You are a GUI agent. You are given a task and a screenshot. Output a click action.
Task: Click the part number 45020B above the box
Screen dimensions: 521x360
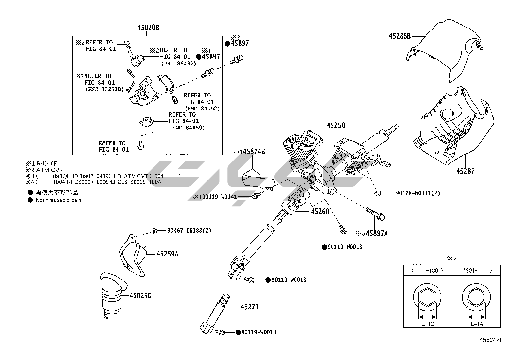(x=148, y=28)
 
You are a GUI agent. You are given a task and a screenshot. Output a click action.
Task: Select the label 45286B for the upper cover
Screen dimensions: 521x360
(x=400, y=36)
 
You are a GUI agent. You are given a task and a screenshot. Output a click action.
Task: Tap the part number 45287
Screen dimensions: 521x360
(x=465, y=171)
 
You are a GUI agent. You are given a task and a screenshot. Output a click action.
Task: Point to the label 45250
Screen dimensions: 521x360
(x=336, y=125)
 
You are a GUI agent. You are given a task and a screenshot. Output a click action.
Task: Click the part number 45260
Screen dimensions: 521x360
(x=320, y=211)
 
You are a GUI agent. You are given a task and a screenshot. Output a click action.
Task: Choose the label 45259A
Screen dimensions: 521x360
(x=167, y=254)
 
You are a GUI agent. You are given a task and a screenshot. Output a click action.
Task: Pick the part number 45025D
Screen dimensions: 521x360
(x=140, y=296)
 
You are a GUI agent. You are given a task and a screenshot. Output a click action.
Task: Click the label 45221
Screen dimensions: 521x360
(x=250, y=307)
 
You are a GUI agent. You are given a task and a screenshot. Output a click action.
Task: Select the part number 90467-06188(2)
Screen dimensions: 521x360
(x=189, y=231)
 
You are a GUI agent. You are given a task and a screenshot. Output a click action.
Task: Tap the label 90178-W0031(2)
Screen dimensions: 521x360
(x=418, y=193)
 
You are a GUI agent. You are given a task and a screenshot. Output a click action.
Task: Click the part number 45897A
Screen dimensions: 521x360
(x=377, y=233)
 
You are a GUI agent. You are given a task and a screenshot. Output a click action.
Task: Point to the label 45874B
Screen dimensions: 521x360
(x=254, y=152)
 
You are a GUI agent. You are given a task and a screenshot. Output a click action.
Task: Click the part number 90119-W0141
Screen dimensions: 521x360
(x=219, y=197)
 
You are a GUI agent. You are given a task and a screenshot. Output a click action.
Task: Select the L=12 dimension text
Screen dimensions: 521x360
(x=427, y=324)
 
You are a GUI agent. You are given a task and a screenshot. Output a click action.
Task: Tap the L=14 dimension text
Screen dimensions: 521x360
(x=477, y=324)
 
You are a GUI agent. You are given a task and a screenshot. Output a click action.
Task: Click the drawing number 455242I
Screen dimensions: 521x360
(x=490, y=340)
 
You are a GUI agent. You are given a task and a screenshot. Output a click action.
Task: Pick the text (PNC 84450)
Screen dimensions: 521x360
(x=187, y=128)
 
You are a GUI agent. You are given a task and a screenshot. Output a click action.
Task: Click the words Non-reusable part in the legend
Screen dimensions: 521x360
(x=58, y=200)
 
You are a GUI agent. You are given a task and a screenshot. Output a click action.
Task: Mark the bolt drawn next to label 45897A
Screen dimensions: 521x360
(x=375, y=214)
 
